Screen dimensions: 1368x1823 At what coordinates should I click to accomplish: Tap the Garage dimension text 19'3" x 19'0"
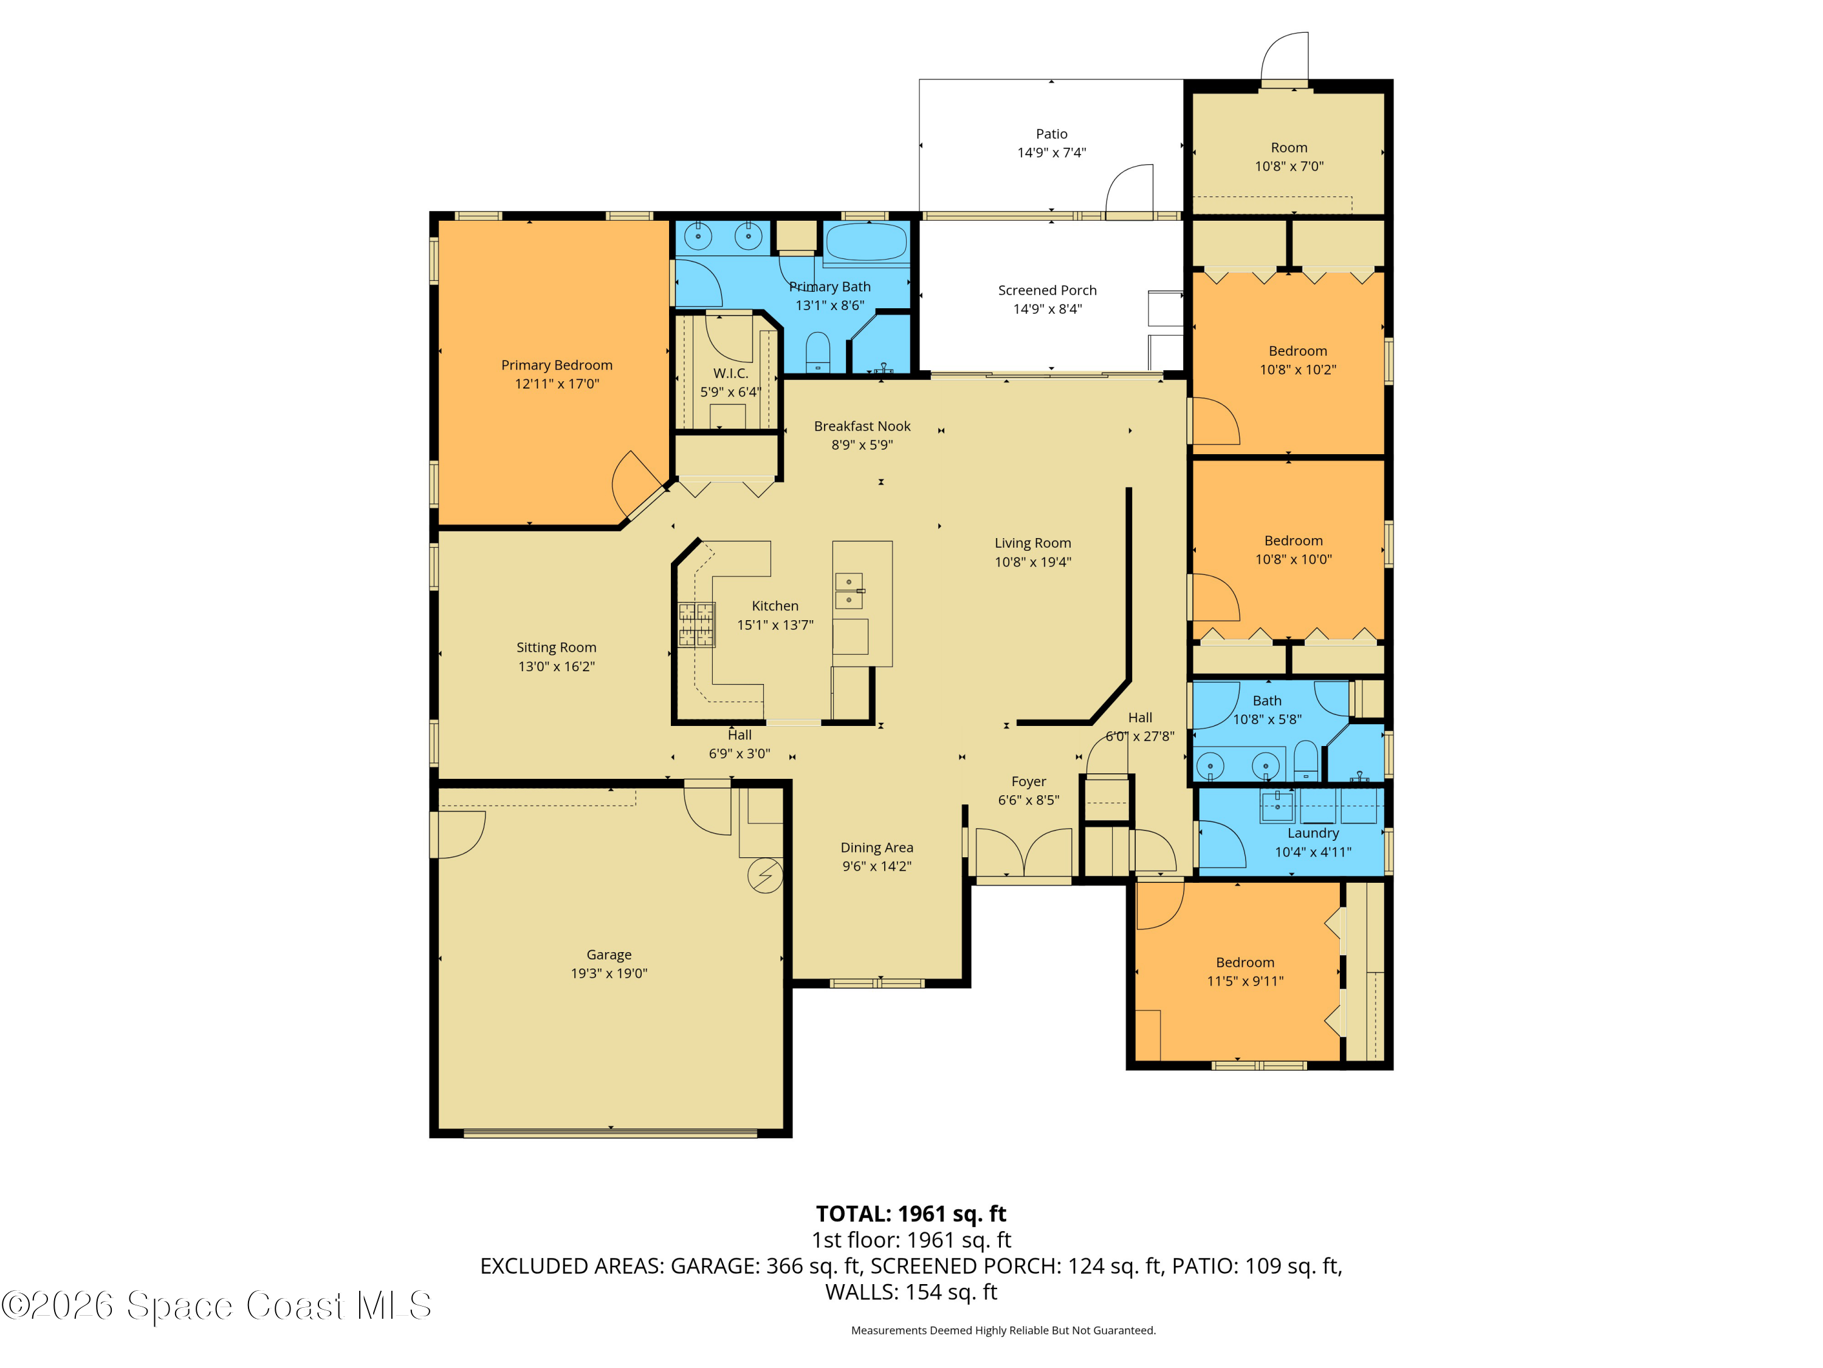[609, 973]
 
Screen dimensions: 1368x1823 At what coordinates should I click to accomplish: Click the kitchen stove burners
[696, 624]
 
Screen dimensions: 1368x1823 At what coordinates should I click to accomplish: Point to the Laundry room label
[1313, 833]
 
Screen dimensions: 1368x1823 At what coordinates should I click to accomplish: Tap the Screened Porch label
[1046, 290]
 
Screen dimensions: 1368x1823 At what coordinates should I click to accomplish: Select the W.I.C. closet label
[730, 373]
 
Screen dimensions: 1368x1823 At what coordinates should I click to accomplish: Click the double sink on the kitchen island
[849, 590]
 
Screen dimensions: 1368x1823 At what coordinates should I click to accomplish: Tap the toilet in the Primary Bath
[817, 353]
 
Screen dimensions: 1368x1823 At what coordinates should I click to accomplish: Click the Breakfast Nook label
[862, 426]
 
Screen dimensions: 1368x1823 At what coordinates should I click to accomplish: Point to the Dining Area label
[876, 848]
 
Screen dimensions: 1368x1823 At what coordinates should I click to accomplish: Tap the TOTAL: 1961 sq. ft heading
[911, 1214]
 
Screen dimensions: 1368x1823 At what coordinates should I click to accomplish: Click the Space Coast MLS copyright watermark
[216, 1306]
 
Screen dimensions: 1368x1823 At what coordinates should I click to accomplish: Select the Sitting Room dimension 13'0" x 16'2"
[556, 666]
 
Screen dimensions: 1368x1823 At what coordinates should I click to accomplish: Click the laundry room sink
[1277, 806]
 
